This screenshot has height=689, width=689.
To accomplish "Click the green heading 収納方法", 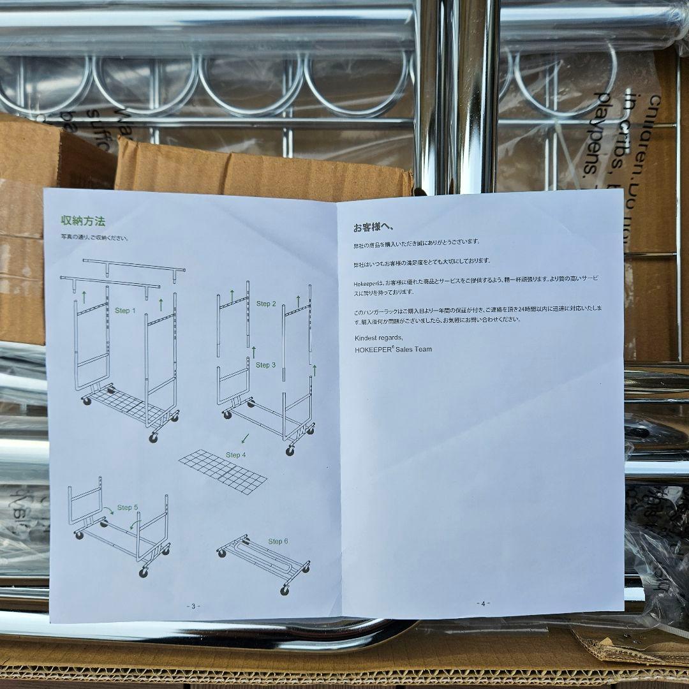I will point(83,221).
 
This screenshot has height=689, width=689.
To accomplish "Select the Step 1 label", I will point(126,311).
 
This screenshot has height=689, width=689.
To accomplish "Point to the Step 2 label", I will point(266,304).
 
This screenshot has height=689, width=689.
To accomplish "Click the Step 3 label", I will point(265,365).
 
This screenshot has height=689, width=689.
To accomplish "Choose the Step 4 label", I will point(235,455).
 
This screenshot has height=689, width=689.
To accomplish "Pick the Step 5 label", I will point(128,508).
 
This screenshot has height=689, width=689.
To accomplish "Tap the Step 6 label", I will point(278,541).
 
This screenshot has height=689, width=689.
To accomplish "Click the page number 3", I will point(193,606).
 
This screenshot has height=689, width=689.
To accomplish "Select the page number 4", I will point(483,604).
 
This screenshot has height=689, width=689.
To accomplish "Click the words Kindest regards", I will point(379,337).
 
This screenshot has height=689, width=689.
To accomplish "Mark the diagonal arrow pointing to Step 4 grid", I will point(244,438).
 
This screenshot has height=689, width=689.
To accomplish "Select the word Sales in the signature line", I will point(405,350).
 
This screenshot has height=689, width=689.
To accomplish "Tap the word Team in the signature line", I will point(424,350).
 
